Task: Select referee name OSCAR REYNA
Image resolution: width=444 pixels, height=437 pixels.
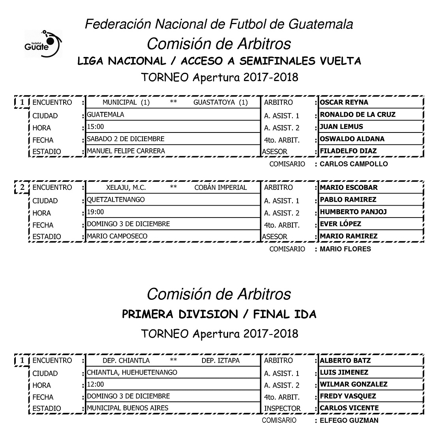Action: click(344, 102)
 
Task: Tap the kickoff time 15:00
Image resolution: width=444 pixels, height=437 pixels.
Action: click(96, 127)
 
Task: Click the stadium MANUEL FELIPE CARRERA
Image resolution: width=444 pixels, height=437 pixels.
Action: click(126, 151)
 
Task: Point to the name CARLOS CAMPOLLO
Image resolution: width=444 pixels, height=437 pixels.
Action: click(354, 164)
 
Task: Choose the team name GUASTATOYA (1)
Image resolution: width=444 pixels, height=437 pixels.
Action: click(220, 102)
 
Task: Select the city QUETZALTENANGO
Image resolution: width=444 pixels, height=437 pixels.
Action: click(116, 200)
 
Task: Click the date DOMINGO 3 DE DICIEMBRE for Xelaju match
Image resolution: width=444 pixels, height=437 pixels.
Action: click(128, 224)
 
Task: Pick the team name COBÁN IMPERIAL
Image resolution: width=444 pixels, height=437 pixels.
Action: click(221, 187)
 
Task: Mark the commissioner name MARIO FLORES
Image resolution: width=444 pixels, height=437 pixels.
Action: click(345, 249)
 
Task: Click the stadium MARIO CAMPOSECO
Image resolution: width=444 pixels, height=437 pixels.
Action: click(117, 236)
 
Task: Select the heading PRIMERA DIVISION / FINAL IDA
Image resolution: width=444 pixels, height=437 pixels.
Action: click(219, 314)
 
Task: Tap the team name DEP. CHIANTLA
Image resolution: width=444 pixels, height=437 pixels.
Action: click(126, 361)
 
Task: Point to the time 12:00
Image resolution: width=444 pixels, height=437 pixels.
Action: click(96, 384)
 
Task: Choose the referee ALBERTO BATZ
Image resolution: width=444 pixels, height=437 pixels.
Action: click(345, 361)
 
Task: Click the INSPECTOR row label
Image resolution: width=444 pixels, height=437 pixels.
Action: click(282, 409)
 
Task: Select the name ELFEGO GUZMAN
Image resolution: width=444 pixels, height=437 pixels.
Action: click(349, 420)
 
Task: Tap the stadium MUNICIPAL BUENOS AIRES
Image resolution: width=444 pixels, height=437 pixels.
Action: click(127, 408)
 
